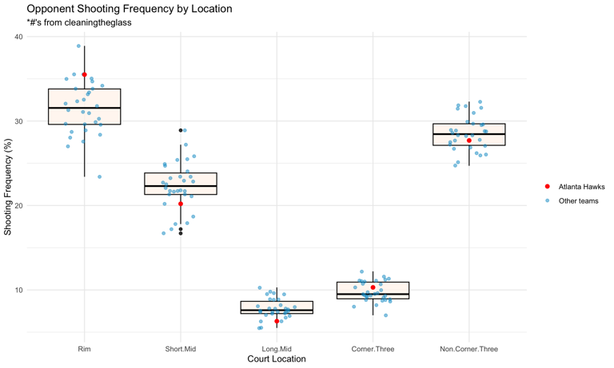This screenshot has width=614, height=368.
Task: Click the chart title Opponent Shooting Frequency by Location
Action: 130,10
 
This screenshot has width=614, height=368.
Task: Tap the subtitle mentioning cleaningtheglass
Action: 79,23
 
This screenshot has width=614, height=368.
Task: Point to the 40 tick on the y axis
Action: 18,37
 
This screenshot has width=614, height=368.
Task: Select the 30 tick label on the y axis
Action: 18,121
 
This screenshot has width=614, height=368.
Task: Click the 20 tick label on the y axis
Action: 18,205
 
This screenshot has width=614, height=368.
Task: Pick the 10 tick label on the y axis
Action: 18,290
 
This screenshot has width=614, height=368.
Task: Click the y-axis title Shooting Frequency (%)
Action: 7,185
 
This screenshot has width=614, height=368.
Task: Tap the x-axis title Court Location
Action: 277,359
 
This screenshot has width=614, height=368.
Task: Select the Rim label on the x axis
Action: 85,348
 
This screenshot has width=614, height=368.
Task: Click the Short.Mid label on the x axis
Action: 181,348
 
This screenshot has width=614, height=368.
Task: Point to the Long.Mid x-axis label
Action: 277,348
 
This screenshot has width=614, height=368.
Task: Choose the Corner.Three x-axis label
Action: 373,348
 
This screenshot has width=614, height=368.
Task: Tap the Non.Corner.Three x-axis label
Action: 468,348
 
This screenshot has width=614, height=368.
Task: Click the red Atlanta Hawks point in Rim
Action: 85,75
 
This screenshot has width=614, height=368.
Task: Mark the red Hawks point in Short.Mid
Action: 181,204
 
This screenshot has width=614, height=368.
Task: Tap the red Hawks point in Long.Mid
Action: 277,322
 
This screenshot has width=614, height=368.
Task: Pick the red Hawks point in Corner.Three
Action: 373,287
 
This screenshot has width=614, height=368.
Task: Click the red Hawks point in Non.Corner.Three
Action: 469,141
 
